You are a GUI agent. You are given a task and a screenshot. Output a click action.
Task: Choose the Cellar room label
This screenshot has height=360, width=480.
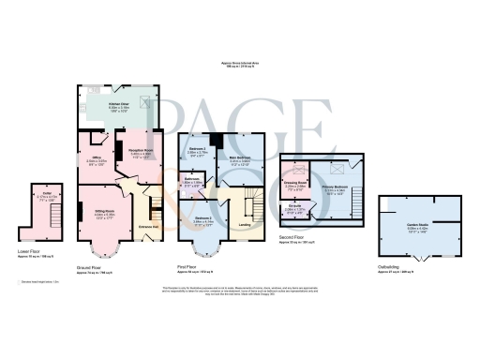[x=44, y=197]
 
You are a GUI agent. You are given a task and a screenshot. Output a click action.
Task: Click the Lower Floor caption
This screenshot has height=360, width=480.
[x=29, y=251]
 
